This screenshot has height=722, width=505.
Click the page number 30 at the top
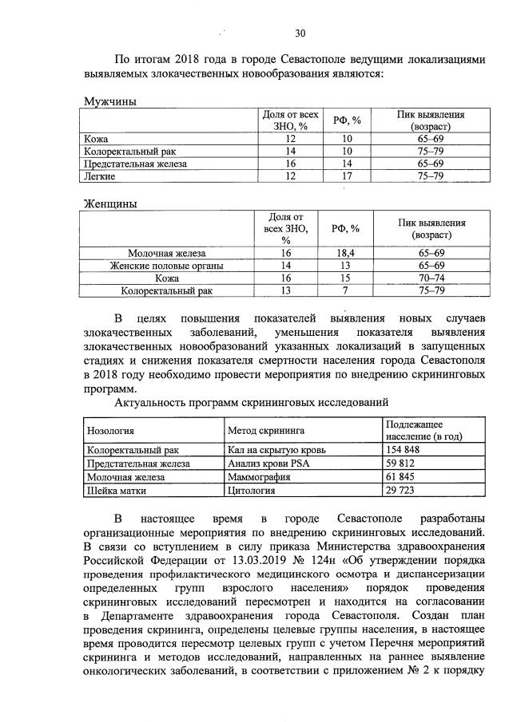pyautogui.click(x=300, y=34)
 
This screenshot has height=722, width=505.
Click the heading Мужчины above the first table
pyautogui.click(x=110, y=101)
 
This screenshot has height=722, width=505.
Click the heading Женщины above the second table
pyautogui.click(x=110, y=203)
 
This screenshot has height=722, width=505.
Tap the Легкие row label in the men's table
pyautogui.click(x=101, y=176)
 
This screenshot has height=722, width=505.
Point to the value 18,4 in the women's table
pyautogui.click(x=345, y=252)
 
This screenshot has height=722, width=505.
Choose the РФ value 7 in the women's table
pyautogui.click(x=345, y=290)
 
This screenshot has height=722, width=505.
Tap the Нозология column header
pyautogui.click(x=110, y=430)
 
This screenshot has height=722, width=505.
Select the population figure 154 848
pyautogui.click(x=404, y=450)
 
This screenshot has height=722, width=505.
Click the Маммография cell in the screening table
pyautogui.click(x=259, y=476)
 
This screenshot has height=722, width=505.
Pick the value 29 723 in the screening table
pyautogui.click(x=401, y=489)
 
